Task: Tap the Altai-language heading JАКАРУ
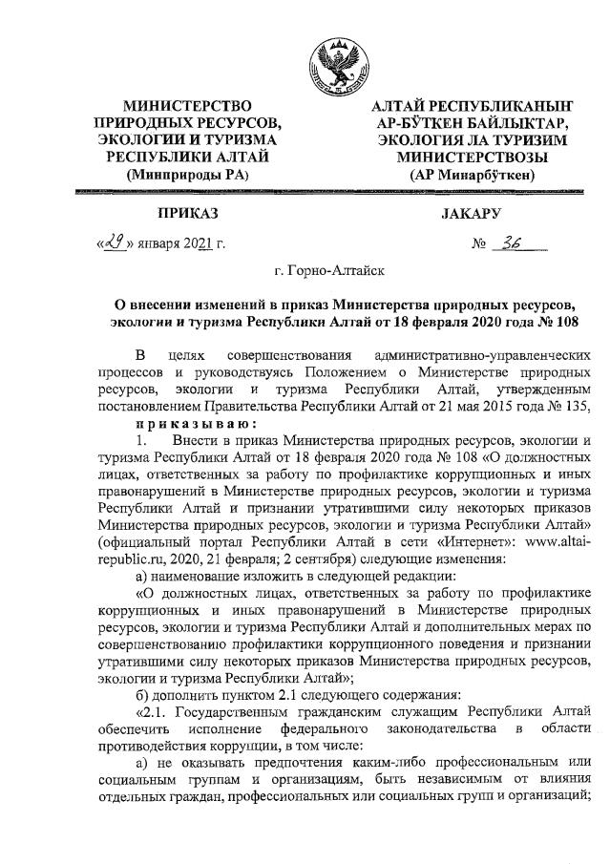(x=471, y=212)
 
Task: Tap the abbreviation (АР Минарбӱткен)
(x=472, y=175)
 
